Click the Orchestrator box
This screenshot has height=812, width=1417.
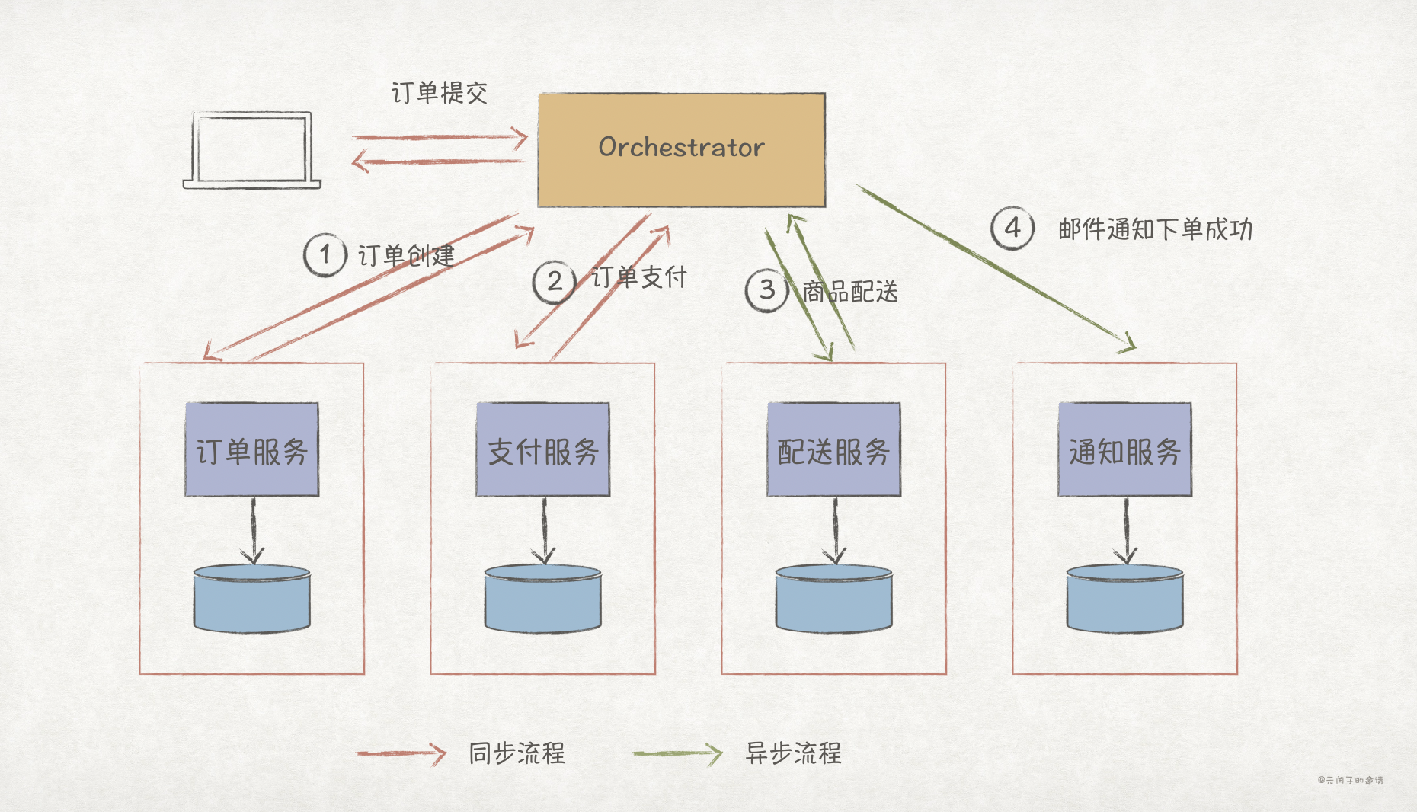coord(681,149)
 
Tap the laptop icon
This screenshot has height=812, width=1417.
coord(252,150)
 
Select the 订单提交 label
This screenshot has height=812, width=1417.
coord(439,93)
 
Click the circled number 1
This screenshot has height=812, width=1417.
coord(325,254)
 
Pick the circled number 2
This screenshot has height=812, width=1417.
coord(554,282)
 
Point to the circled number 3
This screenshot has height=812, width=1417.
coord(766,290)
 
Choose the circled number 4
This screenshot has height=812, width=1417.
coord(1012,228)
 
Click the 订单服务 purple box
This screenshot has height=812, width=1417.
coord(251,450)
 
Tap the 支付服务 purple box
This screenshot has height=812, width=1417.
coord(542,450)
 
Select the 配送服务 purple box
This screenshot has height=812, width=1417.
coord(833,450)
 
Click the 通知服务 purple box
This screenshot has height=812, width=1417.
coord(1124,450)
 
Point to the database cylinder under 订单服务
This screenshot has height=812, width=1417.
coord(251,599)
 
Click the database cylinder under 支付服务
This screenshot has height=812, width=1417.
coord(542,599)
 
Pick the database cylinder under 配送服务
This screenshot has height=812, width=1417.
coord(833,599)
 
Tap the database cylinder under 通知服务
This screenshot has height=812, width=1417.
coord(1124,599)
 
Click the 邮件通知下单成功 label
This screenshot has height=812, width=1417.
coord(1155,229)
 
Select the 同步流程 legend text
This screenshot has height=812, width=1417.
coord(517,753)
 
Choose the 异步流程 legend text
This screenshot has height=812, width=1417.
coord(793,753)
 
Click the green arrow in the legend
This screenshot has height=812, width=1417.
coord(677,754)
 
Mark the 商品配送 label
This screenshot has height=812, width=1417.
coord(850,291)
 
